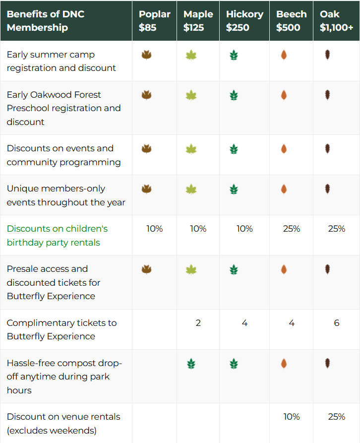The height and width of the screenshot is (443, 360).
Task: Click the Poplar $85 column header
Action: pos(154,21)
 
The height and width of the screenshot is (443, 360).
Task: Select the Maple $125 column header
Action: pos(198,21)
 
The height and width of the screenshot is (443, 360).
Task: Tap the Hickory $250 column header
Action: pos(244,21)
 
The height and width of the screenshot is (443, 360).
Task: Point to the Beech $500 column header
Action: pos(292,21)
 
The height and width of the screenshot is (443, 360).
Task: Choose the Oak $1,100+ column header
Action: pos(336,21)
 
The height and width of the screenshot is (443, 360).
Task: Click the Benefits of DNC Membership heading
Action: pos(46,21)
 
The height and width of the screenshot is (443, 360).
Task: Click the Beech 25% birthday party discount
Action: pos(292,229)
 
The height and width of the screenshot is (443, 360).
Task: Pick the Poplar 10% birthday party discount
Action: pos(154,229)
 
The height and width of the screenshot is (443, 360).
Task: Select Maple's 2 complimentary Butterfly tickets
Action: pos(198,322)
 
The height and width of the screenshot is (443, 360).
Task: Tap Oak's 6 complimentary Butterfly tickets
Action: pos(337,322)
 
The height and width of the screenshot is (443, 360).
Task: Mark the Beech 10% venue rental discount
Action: pos(292,416)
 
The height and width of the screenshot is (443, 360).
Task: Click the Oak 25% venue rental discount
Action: pos(337,416)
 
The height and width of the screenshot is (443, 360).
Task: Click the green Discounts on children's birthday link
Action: pos(57,235)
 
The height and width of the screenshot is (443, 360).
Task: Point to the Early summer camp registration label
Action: pos(61,61)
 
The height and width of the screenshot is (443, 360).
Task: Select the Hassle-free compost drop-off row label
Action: pos(64,377)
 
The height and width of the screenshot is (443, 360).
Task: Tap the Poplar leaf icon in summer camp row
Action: pos(147,55)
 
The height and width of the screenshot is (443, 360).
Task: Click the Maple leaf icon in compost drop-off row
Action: pos(191,364)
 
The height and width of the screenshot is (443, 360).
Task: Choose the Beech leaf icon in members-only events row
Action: pos(284,189)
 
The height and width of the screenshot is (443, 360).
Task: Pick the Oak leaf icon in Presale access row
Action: pos(328,269)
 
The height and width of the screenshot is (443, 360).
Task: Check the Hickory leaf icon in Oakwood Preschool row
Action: pos(234,95)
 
